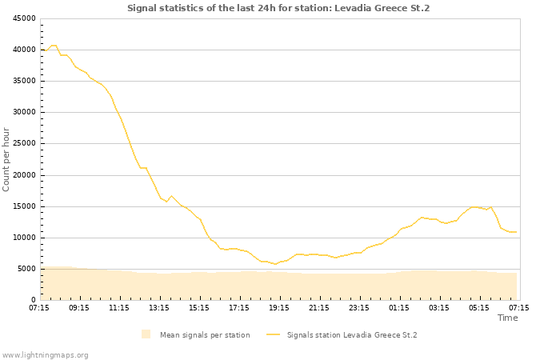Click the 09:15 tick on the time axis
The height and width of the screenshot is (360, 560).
[x=79, y=307]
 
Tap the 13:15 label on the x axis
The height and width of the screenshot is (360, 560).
[x=159, y=307]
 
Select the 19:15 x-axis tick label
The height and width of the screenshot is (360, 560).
[x=279, y=307]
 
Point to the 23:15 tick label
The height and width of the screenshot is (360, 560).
[x=359, y=307]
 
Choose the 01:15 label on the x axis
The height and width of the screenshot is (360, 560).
[x=399, y=307]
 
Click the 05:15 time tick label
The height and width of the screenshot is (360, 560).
[x=479, y=307]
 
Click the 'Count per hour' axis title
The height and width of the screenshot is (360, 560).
[x=7, y=159]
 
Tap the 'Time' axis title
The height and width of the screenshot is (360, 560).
[x=507, y=318]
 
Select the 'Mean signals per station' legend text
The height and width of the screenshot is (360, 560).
[x=205, y=335]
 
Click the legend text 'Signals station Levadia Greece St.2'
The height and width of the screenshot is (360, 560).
[x=352, y=335]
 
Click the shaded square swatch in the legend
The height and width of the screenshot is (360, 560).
[x=146, y=334]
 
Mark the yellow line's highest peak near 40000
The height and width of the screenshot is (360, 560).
[x=54, y=46]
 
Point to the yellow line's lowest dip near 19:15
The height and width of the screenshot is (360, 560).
[x=274, y=264]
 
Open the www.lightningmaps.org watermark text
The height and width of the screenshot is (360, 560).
[x=46, y=354]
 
